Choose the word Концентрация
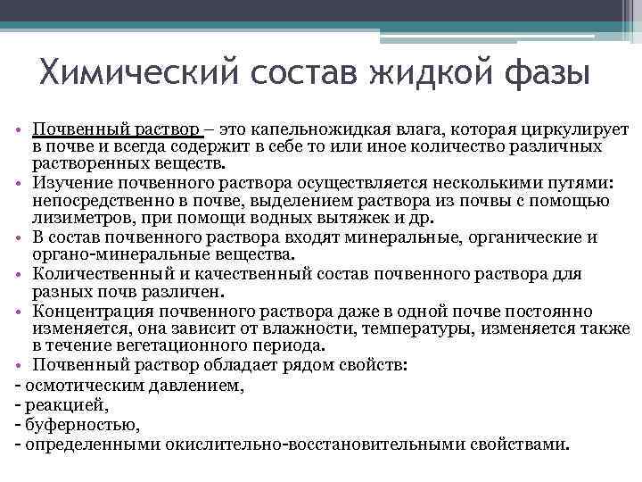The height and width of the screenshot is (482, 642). [90, 311]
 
